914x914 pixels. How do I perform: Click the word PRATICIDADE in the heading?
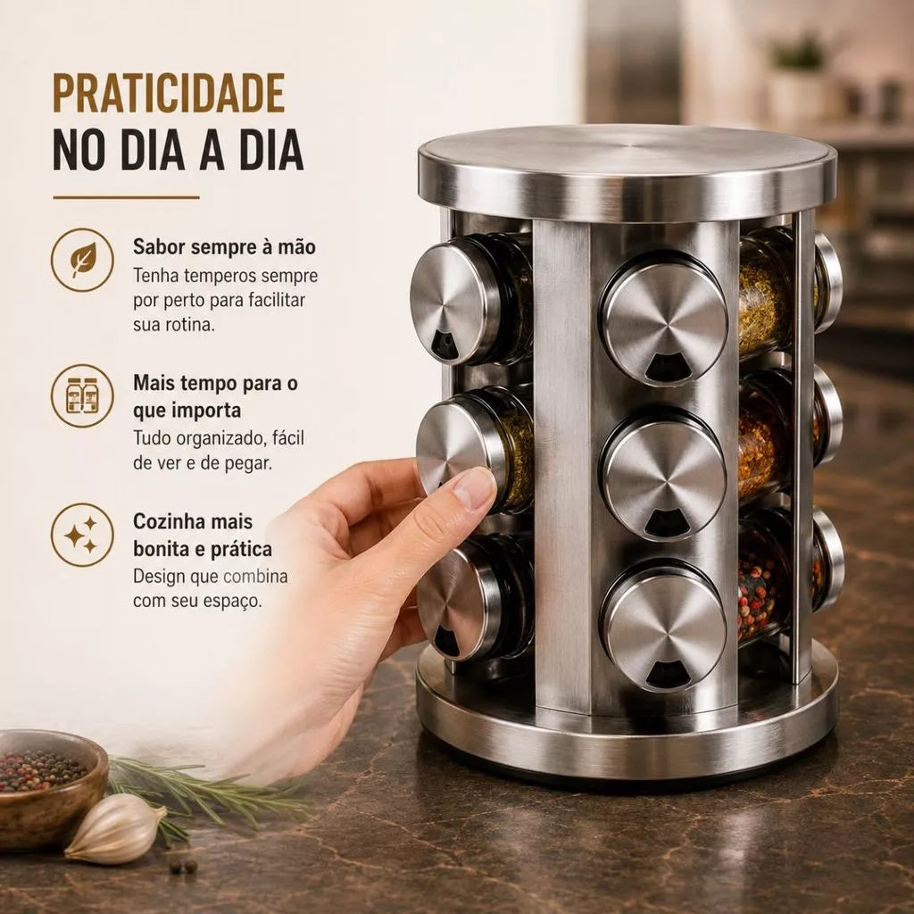click(x=169, y=93)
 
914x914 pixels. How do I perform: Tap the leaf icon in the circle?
click(x=82, y=260)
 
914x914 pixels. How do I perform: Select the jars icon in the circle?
click(x=82, y=395)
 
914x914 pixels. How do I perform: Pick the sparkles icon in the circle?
click(x=82, y=536)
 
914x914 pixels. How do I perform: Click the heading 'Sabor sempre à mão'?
click(x=224, y=246)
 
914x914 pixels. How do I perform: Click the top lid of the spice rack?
click(x=627, y=173)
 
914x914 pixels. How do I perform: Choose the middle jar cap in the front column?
click(x=664, y=473)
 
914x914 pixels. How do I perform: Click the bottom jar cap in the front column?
click(x=664, y=624)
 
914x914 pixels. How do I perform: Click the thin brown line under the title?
click(x=126, y=197)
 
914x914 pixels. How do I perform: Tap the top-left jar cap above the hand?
click(x=461, y=300)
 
